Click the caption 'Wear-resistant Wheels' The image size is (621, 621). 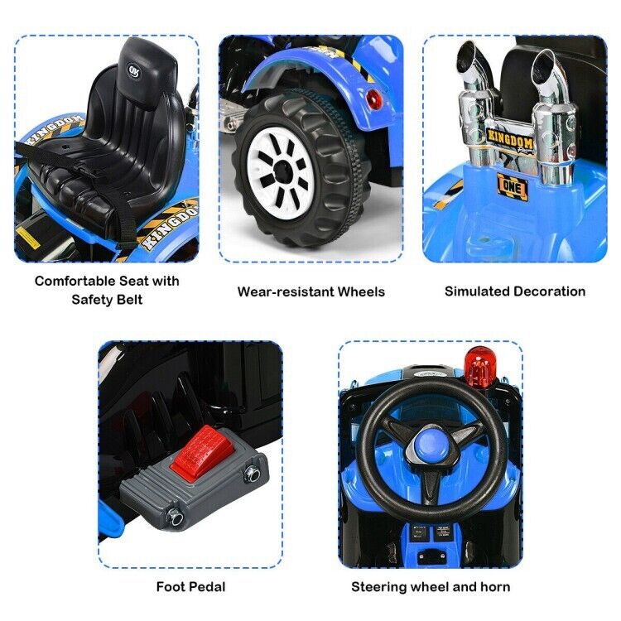310,291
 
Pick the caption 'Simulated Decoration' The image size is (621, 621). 514,291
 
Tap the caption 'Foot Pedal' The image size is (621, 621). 190,587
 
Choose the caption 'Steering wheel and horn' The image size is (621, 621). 431,587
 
